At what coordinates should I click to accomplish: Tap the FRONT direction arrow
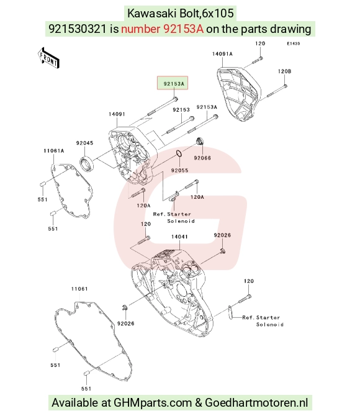pos(48,58)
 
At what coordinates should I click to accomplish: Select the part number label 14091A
pos(222,54)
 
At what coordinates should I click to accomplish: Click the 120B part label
pos(284,71)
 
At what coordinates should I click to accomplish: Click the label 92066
pos(202,158)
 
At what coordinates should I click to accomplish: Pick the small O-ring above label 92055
pos(179,153)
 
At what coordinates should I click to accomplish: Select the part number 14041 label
pos(179,237)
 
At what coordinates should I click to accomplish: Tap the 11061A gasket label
pos(54,151)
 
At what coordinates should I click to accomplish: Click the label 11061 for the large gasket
pos(79,289)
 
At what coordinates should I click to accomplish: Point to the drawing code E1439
pos(294,43)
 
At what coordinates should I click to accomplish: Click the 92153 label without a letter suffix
pos(181,110)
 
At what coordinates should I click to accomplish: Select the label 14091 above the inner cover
pos(117,114)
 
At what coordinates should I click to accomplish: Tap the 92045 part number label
pos(84,143)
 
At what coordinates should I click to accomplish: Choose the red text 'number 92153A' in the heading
pos(163,29)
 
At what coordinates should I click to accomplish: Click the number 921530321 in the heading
pos(78,29)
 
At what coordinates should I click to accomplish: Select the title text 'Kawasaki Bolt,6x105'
pos(181,13)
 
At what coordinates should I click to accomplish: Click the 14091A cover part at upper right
pos(239,94)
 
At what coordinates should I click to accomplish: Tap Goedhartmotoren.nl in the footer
pos(256,403)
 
